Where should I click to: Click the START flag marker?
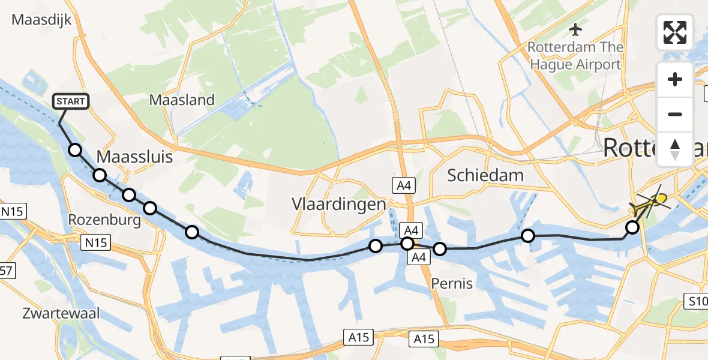click(71, 101)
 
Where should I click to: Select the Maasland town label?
click(182, 100)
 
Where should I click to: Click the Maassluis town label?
click(134, 157)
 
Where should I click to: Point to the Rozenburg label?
click(105, 220)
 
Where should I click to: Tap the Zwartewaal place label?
click(61, 313)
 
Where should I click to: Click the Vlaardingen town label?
click(338, 204)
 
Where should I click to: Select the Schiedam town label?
click(485, 175)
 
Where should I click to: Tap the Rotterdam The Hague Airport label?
click(575, 56)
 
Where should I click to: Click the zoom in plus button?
click(675, 80)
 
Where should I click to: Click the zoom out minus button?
click(675, 114)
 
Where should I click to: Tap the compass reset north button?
click(675, 149)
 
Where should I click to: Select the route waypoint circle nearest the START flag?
click(75, 150)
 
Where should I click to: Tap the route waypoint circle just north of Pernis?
click(440, 249)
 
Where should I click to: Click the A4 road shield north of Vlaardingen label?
click(401, 185)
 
